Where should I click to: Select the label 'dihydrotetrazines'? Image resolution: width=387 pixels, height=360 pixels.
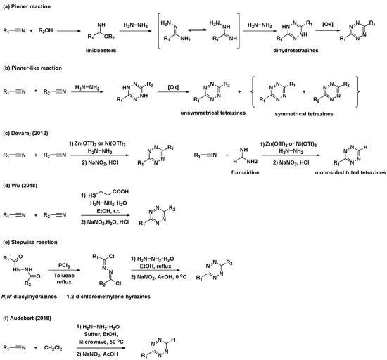(268, 52)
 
